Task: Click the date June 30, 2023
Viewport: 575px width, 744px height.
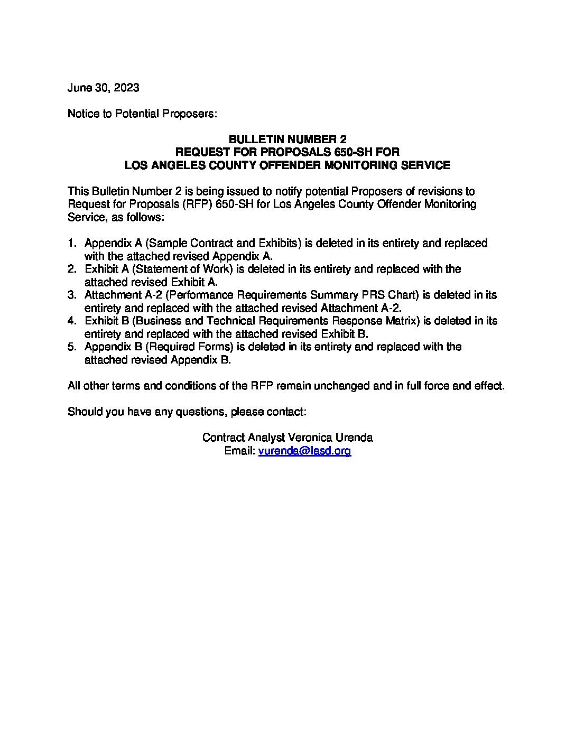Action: point(103,88)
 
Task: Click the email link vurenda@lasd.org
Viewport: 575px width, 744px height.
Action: point(304,451)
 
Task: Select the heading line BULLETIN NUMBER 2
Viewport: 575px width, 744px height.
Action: point(287,139)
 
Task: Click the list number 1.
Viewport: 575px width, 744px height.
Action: point(71,243)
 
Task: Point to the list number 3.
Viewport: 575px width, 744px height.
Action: point(71,295)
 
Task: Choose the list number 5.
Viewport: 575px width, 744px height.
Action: point(71,347)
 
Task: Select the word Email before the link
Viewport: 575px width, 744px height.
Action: point(239,451)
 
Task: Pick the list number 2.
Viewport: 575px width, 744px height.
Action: point(71,269)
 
